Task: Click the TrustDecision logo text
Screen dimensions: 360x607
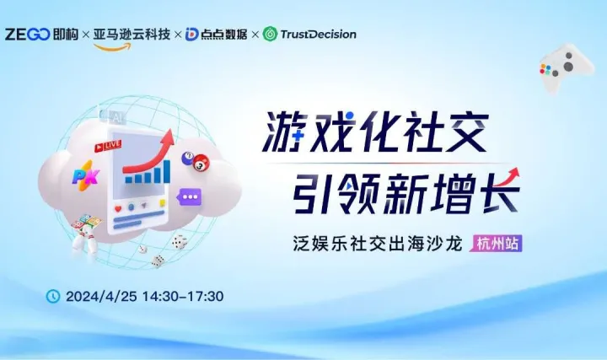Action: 318,35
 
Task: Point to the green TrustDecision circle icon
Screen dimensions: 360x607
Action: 270,35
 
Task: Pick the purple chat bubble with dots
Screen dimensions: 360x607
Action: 191,198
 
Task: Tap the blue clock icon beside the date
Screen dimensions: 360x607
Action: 52,296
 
